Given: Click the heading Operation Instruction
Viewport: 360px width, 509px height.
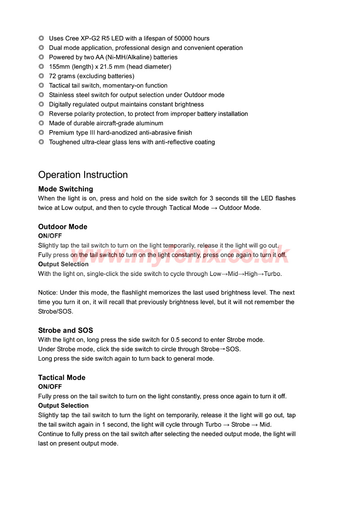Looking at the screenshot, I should point(83,175).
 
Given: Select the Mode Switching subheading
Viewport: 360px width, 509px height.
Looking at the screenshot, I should point(66,189).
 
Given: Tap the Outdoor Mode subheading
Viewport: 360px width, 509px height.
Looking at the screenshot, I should point(63,227).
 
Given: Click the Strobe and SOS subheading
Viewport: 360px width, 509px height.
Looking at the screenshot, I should point(66,330).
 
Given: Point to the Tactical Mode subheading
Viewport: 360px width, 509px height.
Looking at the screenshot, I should point(62,377).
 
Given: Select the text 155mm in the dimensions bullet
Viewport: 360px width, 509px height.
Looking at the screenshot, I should point(58,67).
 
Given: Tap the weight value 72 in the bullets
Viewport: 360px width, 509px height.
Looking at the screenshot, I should point(53,76).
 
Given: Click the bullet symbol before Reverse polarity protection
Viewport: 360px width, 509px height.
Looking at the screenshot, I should point(41,114).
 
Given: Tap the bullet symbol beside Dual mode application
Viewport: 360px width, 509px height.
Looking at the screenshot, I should point(41,48).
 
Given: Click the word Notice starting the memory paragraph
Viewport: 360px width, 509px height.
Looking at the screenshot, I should point(48,292).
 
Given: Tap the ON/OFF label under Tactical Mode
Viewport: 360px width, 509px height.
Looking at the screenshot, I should point(50,387).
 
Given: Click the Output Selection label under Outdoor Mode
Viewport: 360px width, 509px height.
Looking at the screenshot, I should point(63,264).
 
